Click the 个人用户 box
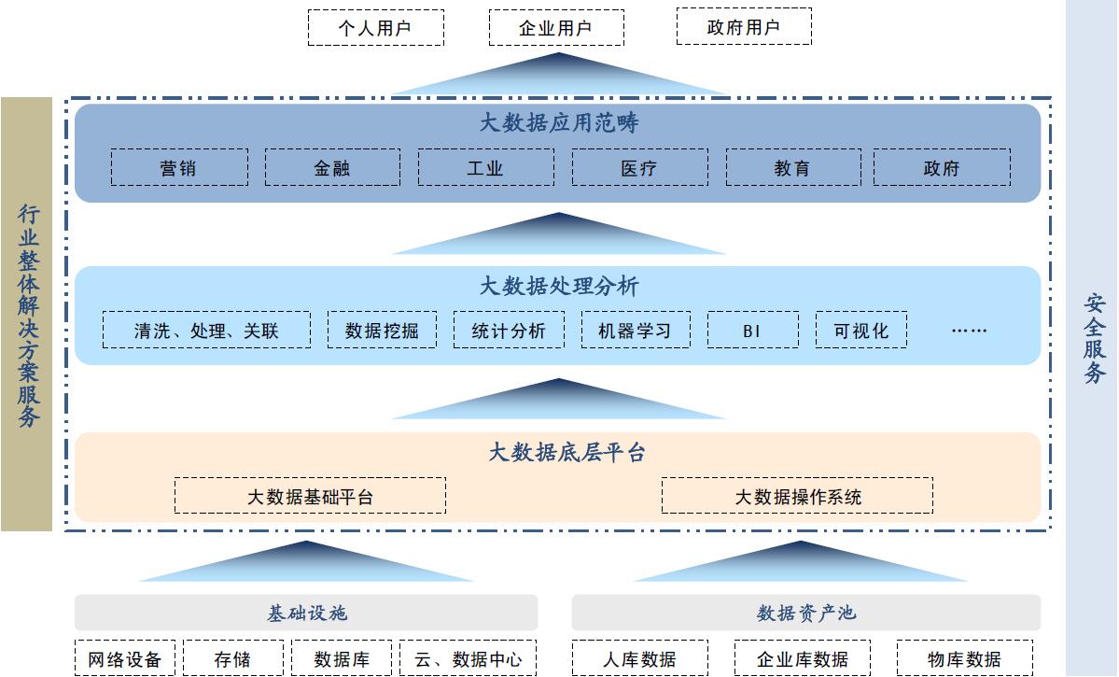tap(375, 28)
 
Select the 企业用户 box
tap(556, 28)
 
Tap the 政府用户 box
tap(744, 27)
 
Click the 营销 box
tap(179, 168)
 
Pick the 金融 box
tap(332, 168)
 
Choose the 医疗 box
tap(639, 168)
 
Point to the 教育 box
tap(792, 168)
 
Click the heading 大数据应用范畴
tap(558, 123)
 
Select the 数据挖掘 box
tap(382, 331)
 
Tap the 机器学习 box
tap(636, 331)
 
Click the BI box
tap(752, 331)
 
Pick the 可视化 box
tap(860, 331)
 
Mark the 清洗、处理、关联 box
tap(206, 331)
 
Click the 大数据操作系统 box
tap(797, 496)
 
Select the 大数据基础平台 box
tap(310, 496)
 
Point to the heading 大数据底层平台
tap(566, 454)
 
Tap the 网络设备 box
tap(125, 658)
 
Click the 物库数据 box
tap(964, 658)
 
